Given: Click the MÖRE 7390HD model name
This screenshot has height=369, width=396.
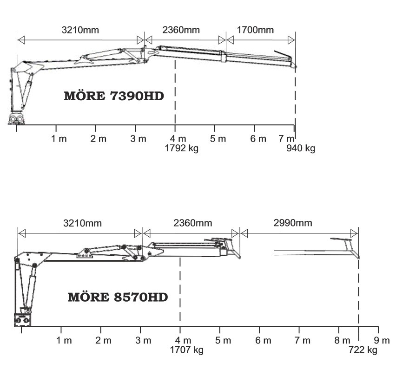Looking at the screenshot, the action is coord(114,96).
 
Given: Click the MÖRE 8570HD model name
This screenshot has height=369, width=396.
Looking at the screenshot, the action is coord(118,297).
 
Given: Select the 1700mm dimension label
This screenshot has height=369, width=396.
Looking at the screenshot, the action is coord(255,30).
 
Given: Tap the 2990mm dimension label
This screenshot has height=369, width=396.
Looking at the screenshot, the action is coord(293,223).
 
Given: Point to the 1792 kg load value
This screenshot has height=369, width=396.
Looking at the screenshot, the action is coord(181,148).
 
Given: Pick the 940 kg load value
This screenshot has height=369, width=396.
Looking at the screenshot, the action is coord(301,148).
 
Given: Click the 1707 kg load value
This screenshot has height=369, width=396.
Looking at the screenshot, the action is coord(186,350).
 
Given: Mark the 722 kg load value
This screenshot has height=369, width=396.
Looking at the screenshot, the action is coord(363,350).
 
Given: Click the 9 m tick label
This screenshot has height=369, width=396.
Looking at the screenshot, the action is coord(382,341).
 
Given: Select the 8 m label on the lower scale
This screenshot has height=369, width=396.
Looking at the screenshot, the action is coord(342,341).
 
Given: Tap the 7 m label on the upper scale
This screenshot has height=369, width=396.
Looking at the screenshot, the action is coord(286,139).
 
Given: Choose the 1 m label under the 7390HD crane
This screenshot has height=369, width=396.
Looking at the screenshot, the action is coord(59,139).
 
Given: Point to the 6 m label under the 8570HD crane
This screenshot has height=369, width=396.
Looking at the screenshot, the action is coord(263,341).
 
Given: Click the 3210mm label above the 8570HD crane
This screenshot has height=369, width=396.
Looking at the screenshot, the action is coord(82,223).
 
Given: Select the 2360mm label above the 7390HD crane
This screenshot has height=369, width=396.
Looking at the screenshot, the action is coord(181,30).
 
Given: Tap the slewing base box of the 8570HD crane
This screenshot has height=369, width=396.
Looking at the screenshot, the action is coord(22,320).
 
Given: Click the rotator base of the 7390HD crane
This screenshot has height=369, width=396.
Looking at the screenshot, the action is coord(17,119).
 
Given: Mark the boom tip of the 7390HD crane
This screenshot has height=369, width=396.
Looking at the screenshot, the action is coord(296,67).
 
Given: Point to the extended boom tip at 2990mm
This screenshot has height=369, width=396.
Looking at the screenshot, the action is coord(359,258).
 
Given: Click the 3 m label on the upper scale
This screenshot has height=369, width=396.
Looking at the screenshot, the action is coord(139,139).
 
